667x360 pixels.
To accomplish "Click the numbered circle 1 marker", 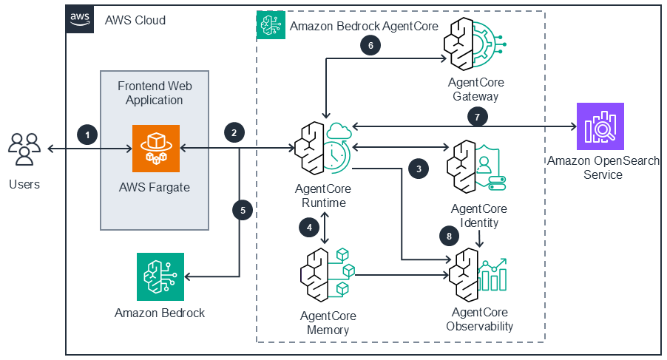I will tap(87, 135).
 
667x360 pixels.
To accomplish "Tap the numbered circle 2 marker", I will tap(234, 133).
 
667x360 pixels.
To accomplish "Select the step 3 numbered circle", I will tap(419, 168).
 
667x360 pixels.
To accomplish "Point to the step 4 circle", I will tap(310, 228).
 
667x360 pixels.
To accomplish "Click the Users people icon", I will tap(24, 149).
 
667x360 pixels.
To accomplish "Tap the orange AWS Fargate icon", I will tap(155, 148).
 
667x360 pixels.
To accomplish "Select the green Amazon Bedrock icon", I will tap(160, 276).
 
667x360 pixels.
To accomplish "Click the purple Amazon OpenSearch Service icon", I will tap(600, 126).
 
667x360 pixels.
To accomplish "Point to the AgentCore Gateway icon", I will tap(474, 46).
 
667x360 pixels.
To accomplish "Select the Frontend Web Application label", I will tap(154, 93).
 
